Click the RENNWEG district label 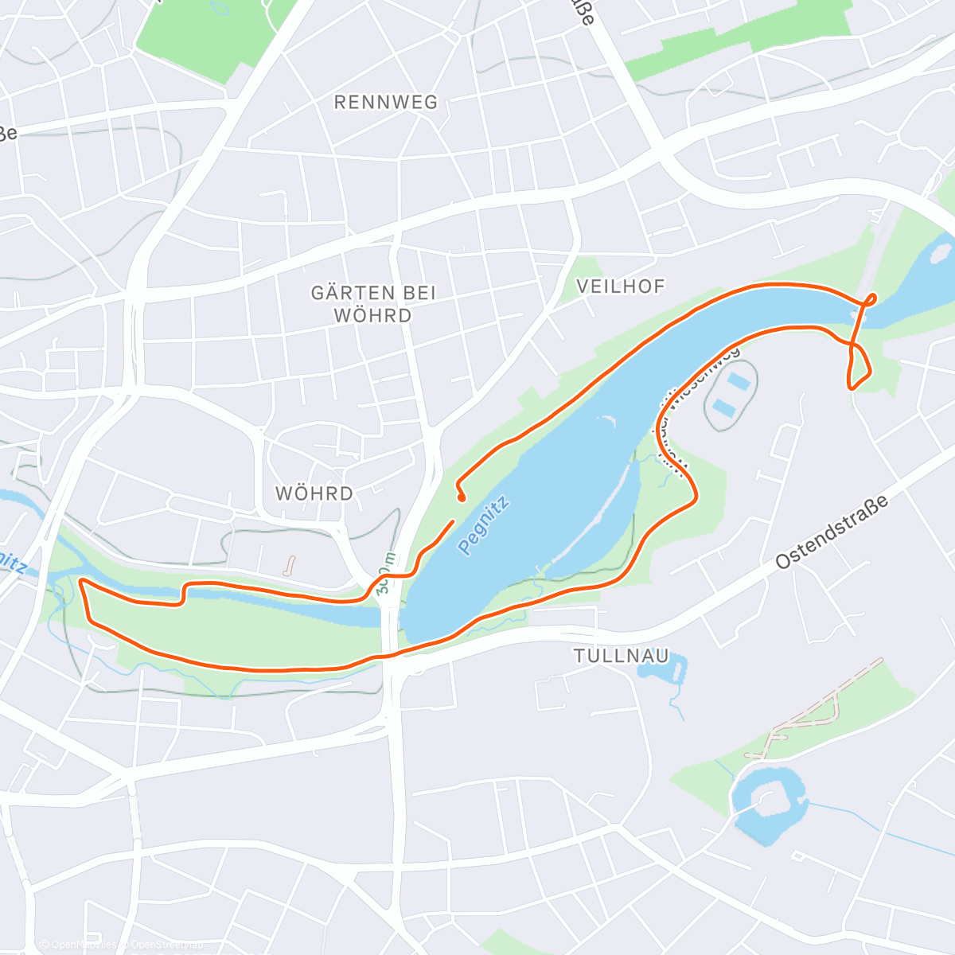point(386,103)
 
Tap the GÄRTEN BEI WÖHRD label point(373,304)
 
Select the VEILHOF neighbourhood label point(620,286)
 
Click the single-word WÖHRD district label point(314,493)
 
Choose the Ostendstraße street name point(832,532)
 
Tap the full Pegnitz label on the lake point(483,525)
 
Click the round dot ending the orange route point(462,498)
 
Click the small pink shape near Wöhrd point(290,566)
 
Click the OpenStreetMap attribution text point(119,945)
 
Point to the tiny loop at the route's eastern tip point(871,299)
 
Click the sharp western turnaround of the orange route point(81,582)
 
